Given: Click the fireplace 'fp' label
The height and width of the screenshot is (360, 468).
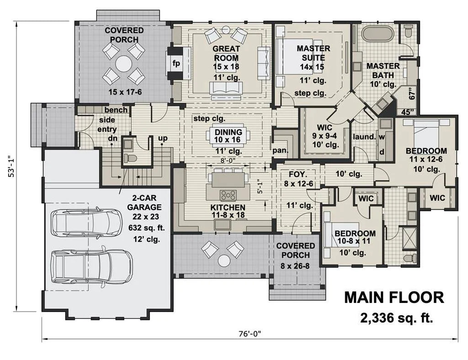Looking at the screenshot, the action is pos(176,64).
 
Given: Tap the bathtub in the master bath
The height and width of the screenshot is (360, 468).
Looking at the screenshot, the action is pos(376,34).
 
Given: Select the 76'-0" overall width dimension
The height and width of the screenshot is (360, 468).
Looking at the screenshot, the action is pos(250,334).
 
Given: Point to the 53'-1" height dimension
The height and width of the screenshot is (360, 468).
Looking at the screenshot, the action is pos(11,166).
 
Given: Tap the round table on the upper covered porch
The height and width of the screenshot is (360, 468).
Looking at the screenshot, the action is pos(124,63).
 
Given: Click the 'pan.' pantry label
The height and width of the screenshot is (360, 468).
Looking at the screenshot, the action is pos(280,151).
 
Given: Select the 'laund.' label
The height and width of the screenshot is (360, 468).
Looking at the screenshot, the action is pos(364,137).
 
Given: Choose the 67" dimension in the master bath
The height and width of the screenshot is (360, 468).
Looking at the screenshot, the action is pos(413,93).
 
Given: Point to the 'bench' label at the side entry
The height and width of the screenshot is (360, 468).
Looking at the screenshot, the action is pos(116,110).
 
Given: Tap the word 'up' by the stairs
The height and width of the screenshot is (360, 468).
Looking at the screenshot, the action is pos(163,138).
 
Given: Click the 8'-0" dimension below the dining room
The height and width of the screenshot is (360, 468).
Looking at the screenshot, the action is pos(229,160).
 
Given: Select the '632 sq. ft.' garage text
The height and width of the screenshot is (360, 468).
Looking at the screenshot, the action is pos(147,228).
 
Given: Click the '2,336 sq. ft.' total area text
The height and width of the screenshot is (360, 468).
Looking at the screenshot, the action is pos(396,318).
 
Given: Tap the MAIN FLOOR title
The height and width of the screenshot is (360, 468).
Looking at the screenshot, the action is pos(394,298).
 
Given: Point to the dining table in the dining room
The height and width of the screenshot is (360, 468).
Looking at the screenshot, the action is pos(229,136).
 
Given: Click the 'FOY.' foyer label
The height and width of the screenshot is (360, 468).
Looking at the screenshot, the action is pos(298,174).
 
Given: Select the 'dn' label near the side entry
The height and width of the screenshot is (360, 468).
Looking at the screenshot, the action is pos(113,138).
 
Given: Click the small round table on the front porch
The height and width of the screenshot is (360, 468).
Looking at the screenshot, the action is pos(223,261).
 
